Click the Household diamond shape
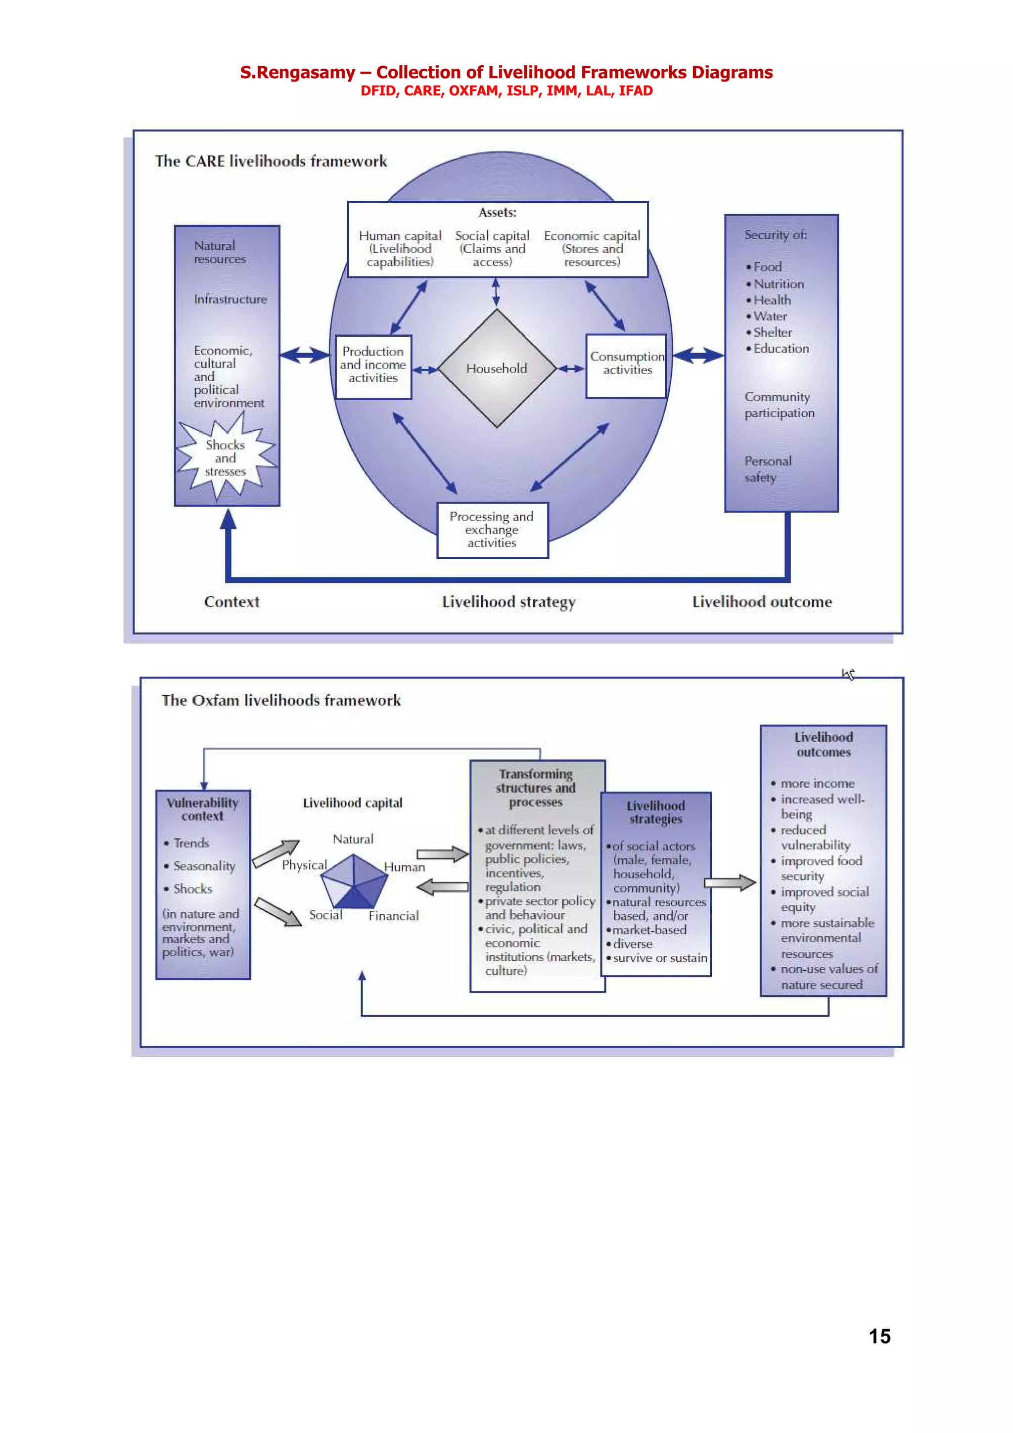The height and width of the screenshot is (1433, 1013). [x=497, y=368]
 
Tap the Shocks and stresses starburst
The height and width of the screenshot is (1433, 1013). [x=226, y=458]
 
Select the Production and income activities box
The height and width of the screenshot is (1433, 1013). [x=373, y=366]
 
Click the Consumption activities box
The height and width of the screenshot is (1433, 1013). [x=627, y=364]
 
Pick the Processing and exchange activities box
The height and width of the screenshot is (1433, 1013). [x=492, y=530]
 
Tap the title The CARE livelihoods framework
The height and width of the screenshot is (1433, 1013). [x=271, y=161]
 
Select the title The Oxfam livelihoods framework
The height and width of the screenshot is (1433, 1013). [x=281, y=700]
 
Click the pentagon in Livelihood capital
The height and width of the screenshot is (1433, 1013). [x=354, y=881]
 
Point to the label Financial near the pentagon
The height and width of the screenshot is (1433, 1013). [x=393, y=916]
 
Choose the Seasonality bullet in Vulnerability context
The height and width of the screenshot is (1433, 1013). [x=204, y=866]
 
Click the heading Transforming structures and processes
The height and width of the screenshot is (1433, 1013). [x=536, y=788]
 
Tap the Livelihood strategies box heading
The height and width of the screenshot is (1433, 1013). [x=655, y=812]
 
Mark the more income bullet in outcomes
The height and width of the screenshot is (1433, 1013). [x=817, y=783]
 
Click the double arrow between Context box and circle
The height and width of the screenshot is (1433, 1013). [x=305, y=355]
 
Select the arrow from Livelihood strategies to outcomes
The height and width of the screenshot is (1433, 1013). [x=730, y=883]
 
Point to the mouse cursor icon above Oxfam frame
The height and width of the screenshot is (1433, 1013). [x=848, y=674]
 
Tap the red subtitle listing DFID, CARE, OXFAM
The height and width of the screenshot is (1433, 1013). [x=506, y=91]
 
